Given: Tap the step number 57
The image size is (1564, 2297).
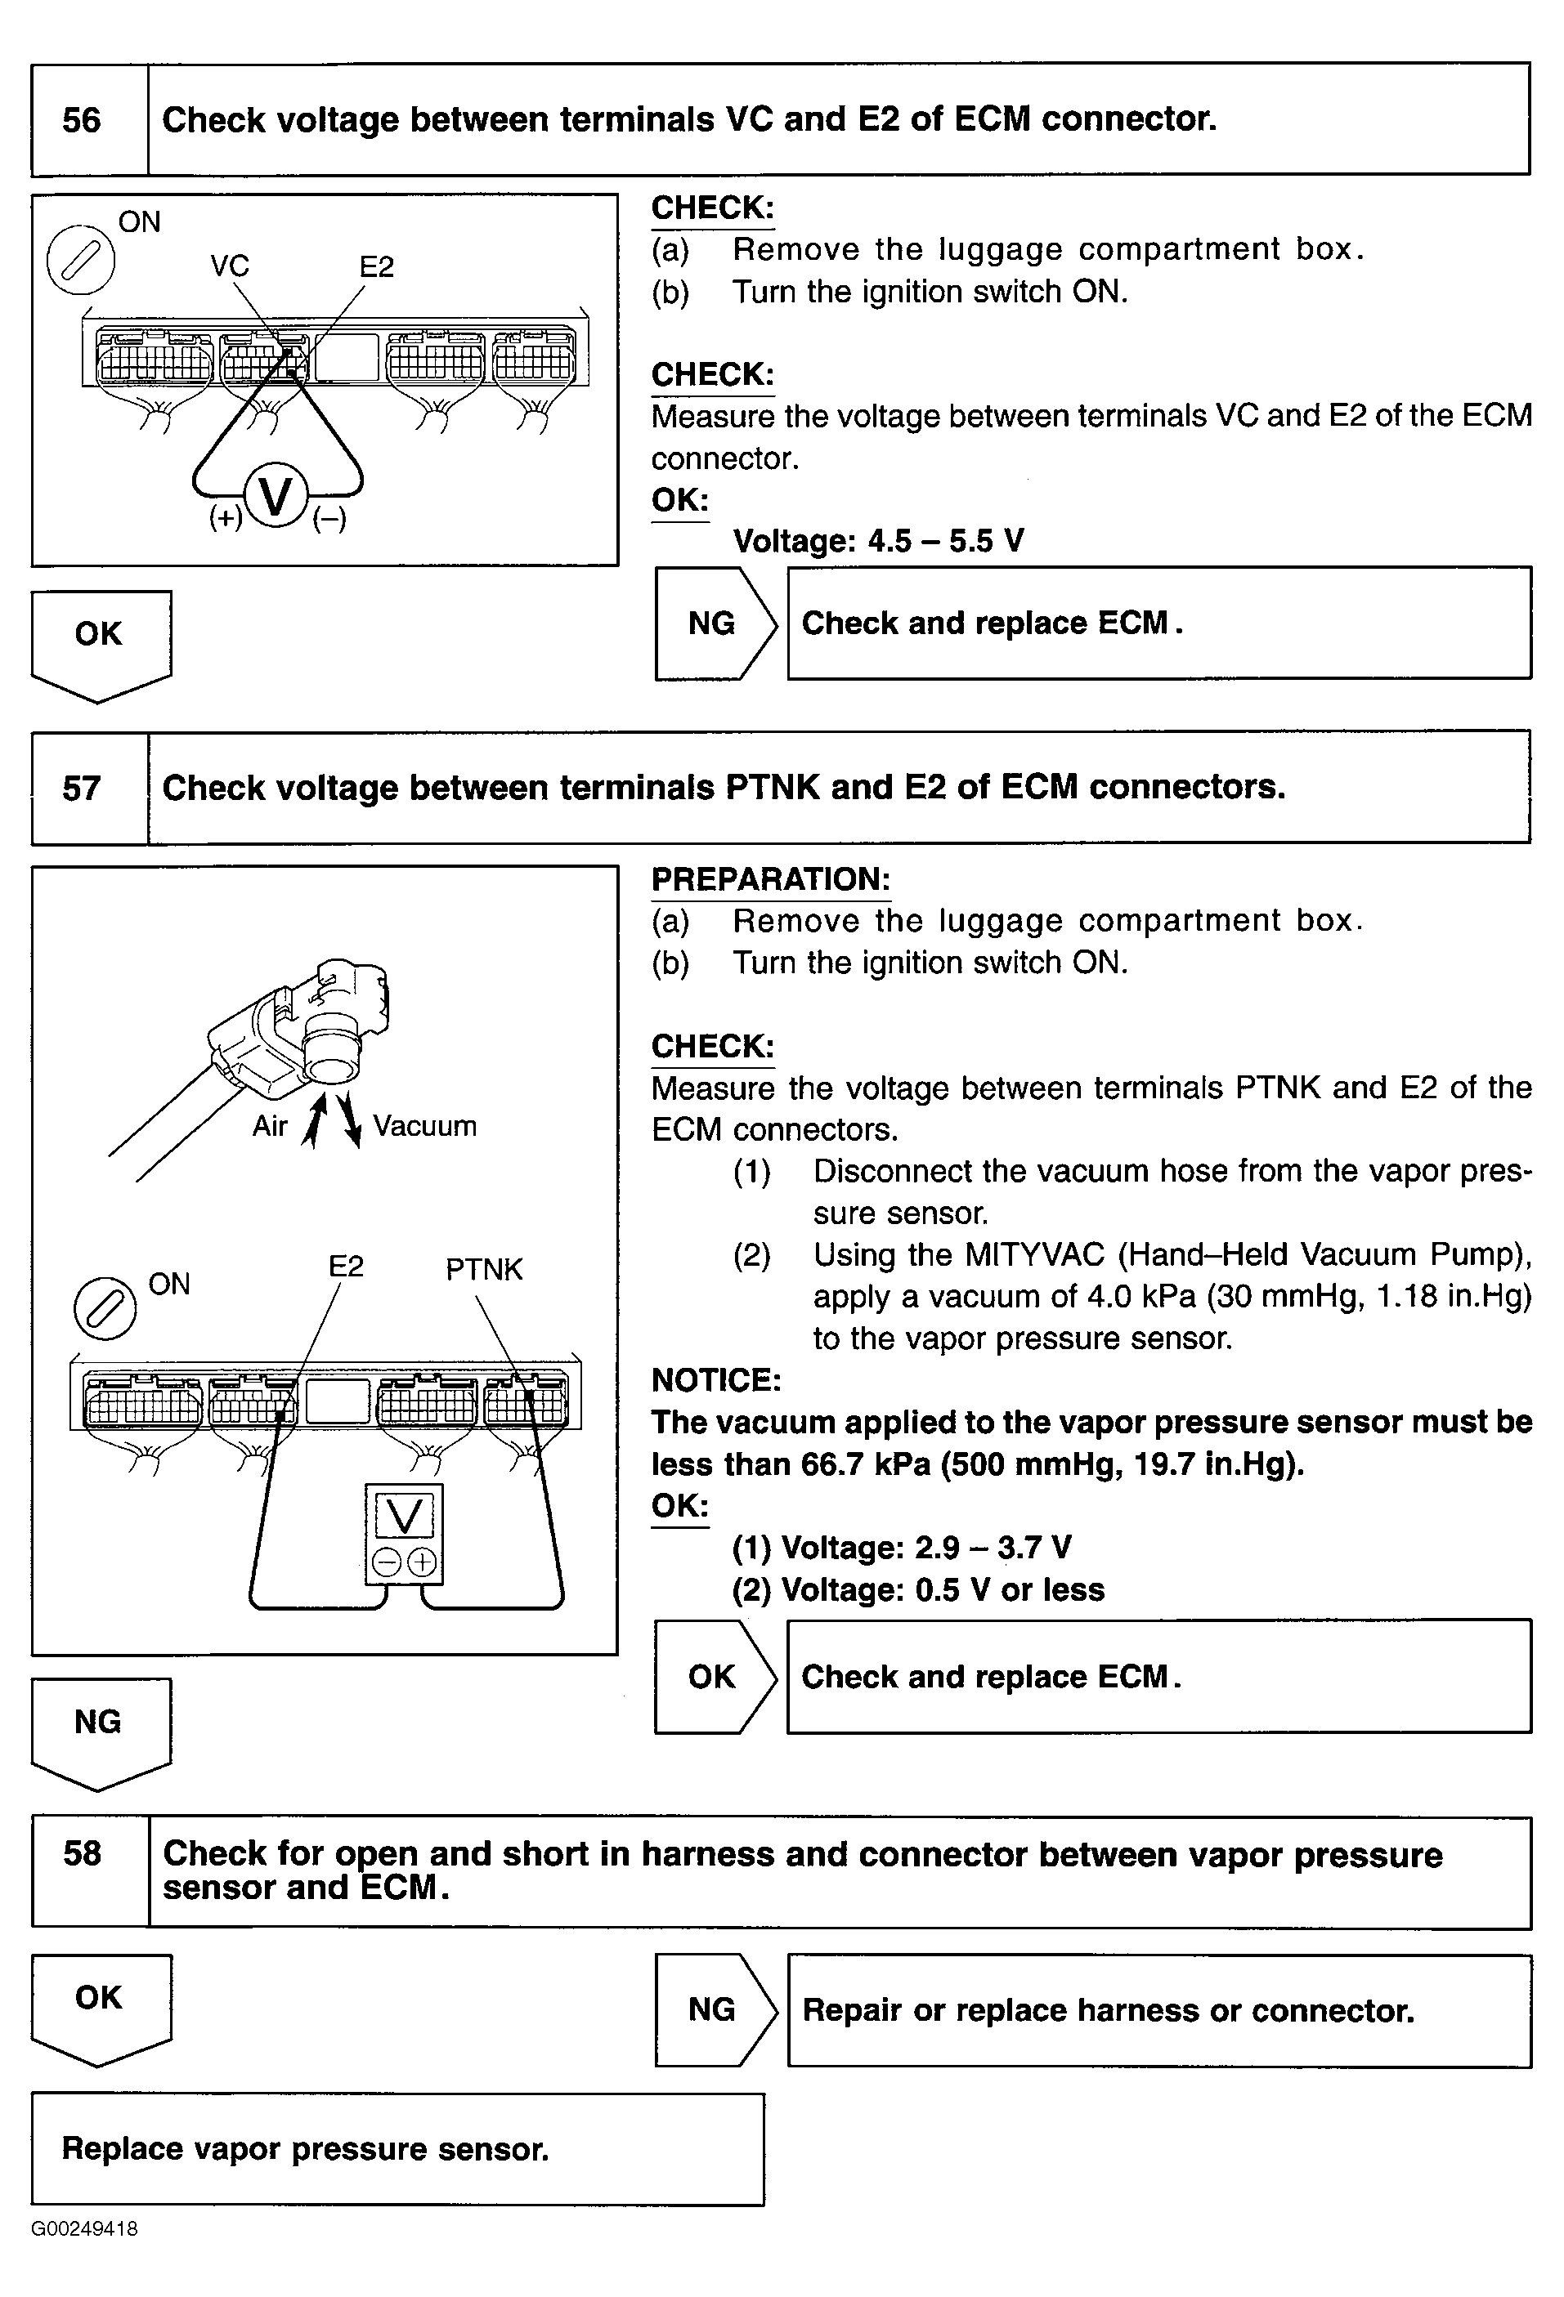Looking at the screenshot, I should point(81,789).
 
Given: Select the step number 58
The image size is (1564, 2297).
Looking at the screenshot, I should point(82,1853).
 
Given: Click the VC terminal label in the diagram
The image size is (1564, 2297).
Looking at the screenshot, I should point(230,266).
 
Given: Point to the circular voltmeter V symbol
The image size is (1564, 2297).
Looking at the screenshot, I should point(276,496).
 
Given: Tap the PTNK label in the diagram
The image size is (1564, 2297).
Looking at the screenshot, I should point(483,1269).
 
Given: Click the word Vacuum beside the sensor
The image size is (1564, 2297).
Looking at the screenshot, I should point(424,1126).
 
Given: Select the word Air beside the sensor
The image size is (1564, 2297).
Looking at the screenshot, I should point(269,1126).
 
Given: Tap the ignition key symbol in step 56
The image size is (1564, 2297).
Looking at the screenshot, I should point(81,260).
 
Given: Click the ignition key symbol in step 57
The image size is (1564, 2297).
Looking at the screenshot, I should point(105,1310).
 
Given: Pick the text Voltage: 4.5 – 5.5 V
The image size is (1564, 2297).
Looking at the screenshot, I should point(878,541).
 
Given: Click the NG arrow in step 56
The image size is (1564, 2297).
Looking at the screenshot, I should point(714,623).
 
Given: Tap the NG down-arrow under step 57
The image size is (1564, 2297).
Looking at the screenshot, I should point(100,1729).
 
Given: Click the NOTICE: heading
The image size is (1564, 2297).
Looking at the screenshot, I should point(715,1380).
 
